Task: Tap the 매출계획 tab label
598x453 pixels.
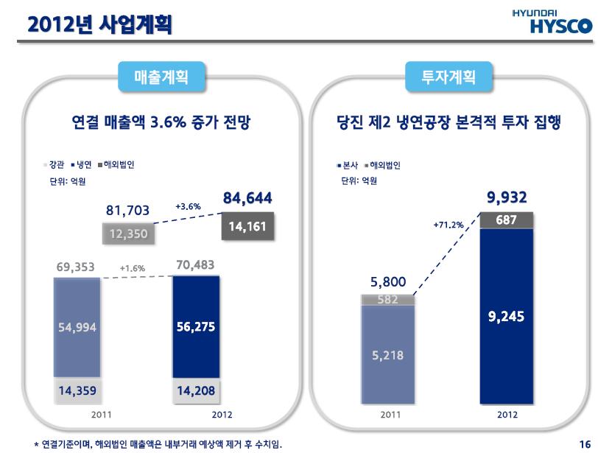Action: [161, 77]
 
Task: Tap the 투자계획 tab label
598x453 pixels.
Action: [448, 77]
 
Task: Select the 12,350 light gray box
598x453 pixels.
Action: [129, 234]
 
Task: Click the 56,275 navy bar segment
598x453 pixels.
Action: [196, 327]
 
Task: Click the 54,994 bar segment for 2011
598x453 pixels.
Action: [77, 327]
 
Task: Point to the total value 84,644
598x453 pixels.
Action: [247, 198]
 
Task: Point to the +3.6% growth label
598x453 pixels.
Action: [188, 207]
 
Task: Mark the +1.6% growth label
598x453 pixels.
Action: [133, 268]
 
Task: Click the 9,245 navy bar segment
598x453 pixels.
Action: [506, 317]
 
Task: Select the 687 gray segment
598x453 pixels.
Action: [506, 220]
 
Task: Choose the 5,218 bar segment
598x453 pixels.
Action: [387, 355]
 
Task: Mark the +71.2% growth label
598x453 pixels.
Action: [448, 224]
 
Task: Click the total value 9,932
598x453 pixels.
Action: [507, 197]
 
